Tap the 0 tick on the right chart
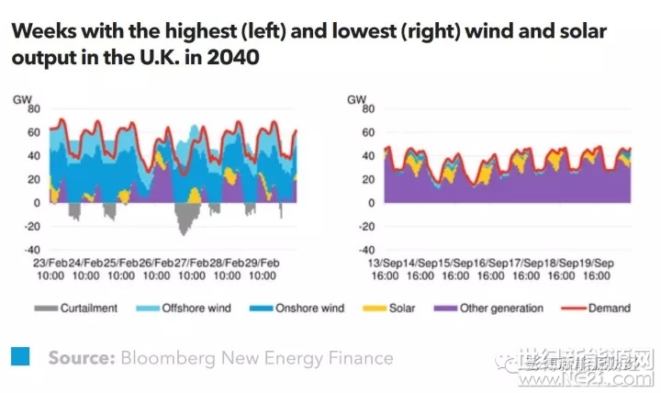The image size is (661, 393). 369,202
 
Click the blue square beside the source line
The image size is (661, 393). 19,355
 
